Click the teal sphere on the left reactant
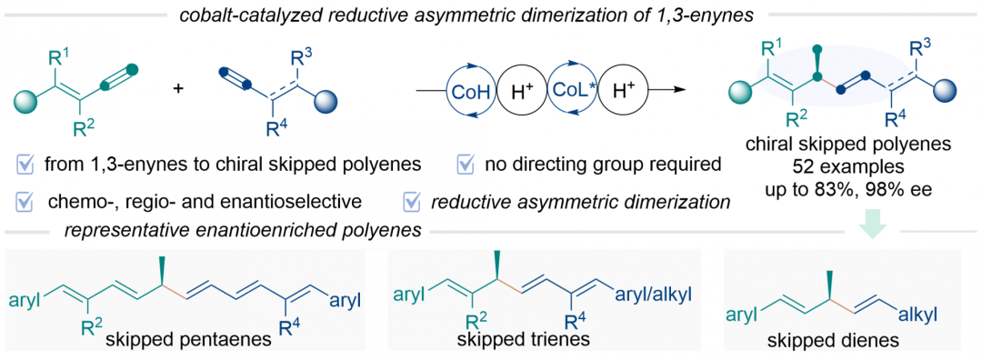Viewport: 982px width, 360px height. [x=25, y=100]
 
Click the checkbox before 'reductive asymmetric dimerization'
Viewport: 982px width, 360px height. [x=414, y=203]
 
